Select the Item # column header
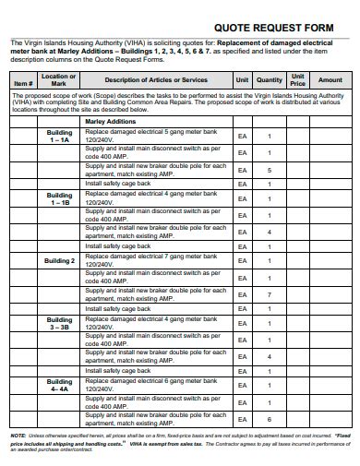25,81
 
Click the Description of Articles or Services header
156,80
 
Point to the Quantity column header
270,80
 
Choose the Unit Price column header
298,79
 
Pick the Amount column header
330,80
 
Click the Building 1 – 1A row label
59,137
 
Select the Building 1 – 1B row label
59,198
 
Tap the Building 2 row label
59,261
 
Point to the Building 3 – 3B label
59,323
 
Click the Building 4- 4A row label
59,385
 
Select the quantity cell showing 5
270,171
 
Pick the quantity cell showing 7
270,294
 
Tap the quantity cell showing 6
270,418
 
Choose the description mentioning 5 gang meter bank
152,137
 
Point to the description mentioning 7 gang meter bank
152,261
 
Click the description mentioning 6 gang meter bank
152,385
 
